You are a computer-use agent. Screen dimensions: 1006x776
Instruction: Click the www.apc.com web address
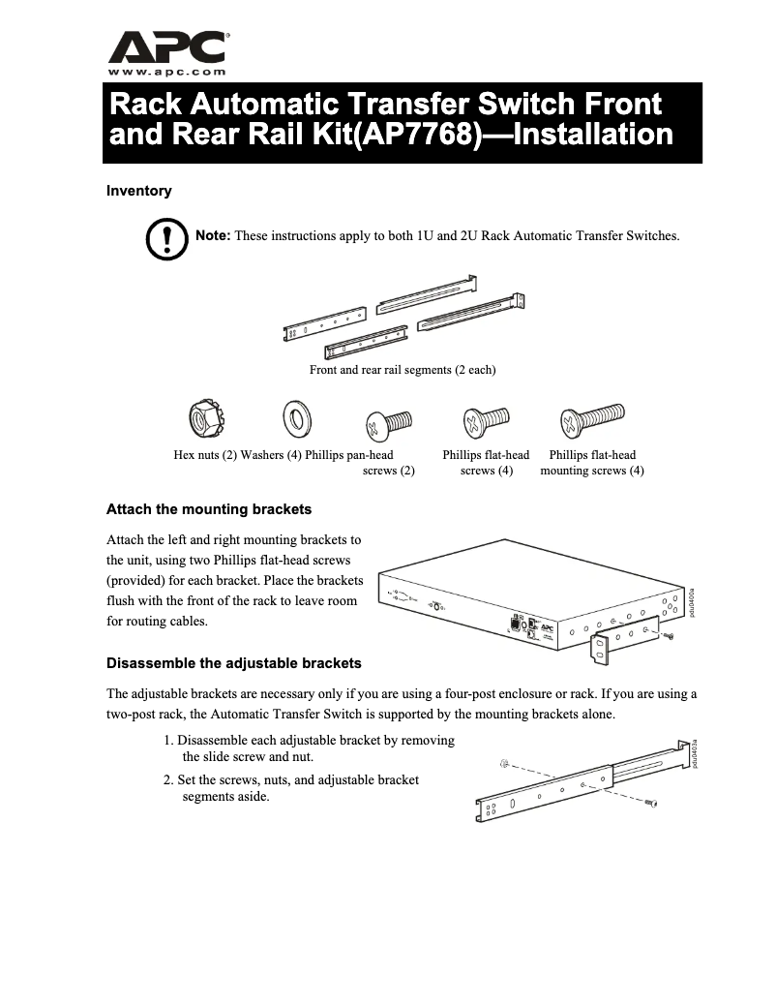[x=167, y=72]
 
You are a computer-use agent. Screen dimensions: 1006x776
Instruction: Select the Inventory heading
[x=138, y=191]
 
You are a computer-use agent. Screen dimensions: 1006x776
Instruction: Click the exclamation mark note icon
[x=165, y=238]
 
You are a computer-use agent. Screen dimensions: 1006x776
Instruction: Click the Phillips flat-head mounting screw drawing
[x=589, y=421]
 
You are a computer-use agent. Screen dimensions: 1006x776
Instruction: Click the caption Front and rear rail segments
[x=403, y=370]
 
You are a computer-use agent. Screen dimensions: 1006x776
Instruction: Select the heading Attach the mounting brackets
[x=208, y=509]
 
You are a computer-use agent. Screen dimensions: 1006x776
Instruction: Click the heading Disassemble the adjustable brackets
[x=233, y=663]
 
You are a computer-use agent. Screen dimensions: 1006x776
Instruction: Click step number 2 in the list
[x=167, y=779]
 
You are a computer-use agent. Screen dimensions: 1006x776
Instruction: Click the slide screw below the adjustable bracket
[x=651, y=804]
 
